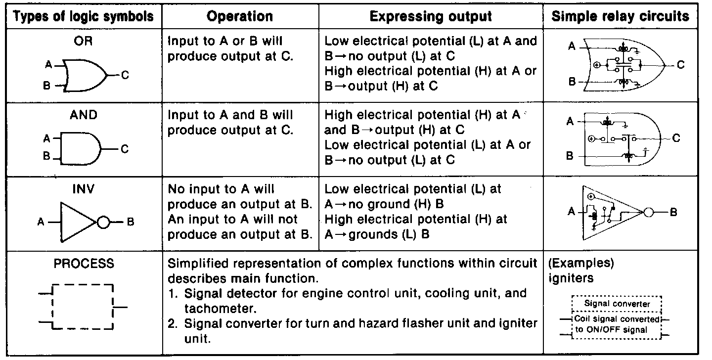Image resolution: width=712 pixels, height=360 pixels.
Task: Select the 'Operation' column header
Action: tap(240, 16)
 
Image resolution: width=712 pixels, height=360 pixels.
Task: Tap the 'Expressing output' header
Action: tap(431, 16)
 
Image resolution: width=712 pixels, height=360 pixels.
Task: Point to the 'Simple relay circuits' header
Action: tap(620, 16)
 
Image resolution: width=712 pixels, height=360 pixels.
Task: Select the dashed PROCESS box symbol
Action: tap(83, 307)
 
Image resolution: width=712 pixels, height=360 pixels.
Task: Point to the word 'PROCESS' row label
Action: tap(83, 264)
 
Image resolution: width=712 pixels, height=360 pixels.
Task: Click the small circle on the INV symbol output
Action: tap(103, 222)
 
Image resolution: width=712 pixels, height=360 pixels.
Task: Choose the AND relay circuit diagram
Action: tap(622, 139)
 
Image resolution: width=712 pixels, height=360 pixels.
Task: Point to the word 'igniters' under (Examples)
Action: tap(571, 278)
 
